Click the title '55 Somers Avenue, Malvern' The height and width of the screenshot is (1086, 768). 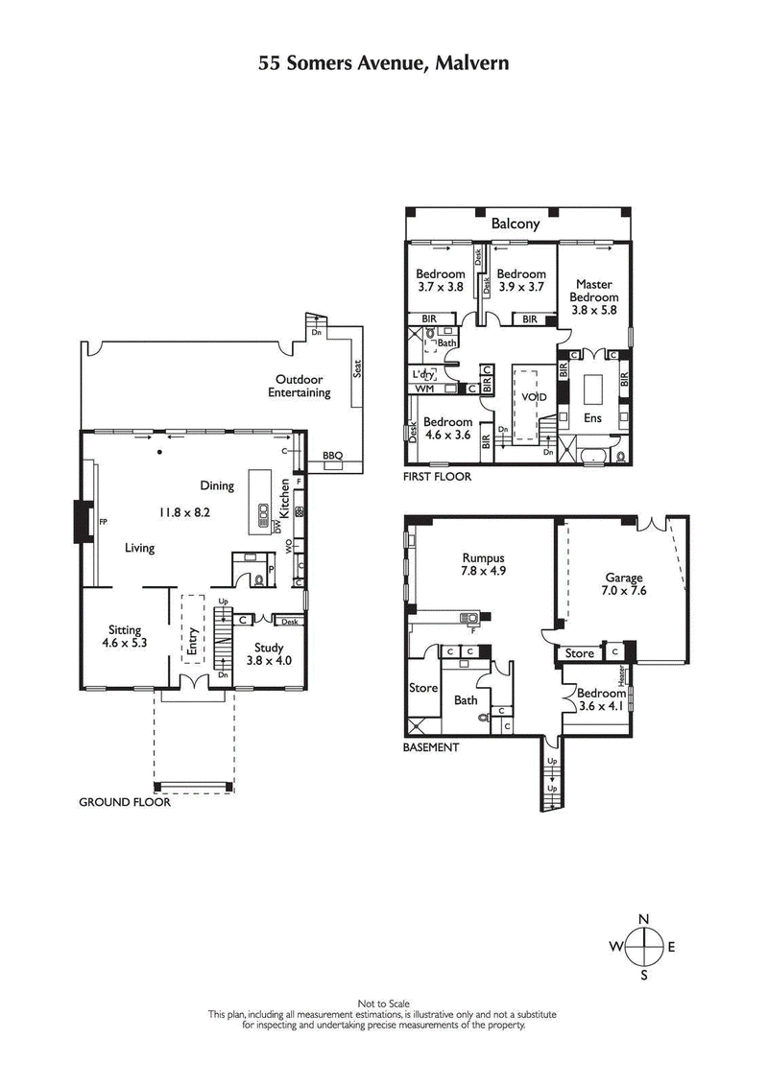coord(383,63)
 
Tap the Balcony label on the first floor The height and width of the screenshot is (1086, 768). coord(516,224)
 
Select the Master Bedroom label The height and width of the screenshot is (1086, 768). coord(595,291)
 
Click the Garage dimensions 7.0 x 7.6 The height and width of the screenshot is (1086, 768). coord(625,591)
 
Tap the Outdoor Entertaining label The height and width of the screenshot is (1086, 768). coord(299,386)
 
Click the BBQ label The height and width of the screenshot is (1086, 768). coord(332,455)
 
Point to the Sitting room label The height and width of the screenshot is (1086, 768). coord(125,630)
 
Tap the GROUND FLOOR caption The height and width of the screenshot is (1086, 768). coord(125,802)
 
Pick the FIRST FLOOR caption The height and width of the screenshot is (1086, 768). coord(438,476)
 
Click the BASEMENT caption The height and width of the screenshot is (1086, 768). coord(431,746)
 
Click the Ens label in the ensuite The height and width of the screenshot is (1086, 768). coord(592,418)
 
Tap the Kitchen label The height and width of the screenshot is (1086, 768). coord(285,499)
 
